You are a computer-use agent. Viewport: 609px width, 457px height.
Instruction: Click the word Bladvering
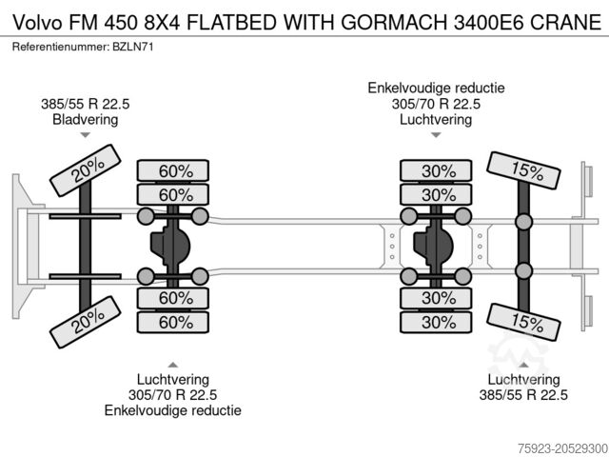[86, 119]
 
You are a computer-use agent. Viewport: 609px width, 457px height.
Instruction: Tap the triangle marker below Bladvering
[86, 135]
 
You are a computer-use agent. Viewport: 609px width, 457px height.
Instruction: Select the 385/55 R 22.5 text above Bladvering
[86, 104]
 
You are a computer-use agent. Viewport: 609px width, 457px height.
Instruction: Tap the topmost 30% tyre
[438, 171]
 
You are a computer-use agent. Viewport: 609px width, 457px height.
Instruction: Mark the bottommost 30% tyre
[438, 322]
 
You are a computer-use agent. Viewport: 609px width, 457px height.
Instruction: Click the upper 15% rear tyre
[524, 172]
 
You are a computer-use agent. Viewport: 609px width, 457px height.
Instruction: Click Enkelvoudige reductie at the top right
[437, 89]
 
